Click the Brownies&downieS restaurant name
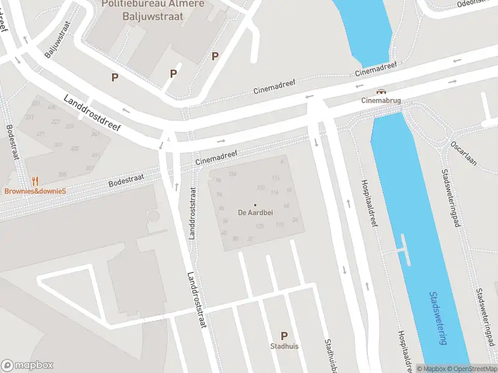click(35, 191)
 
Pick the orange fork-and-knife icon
click(35, 182)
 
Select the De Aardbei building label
click(254, 213)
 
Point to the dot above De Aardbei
click(254, 205)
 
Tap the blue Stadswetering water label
click(438, 318)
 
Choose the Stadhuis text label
click(284, 346)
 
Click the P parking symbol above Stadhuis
click(284, 336)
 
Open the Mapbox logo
click(27, 366)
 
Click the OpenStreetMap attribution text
click(473, 369)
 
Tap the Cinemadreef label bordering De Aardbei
click(217, 159)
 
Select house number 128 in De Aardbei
click(260, 226)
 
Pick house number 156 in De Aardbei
click(233, 173)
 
